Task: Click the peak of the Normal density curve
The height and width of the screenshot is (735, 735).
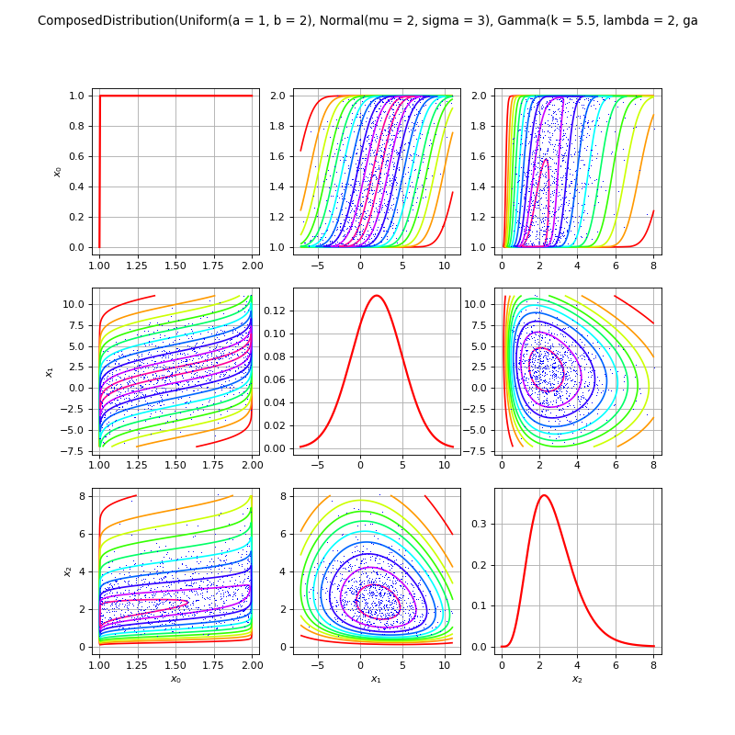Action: (377, 295)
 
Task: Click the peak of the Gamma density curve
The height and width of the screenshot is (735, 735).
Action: (544, 495)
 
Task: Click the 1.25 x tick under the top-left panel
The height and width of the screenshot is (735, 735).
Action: (138, 266)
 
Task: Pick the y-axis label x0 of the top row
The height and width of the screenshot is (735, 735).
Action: (58, 171)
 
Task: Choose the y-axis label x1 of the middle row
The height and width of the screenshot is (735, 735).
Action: (50, 371)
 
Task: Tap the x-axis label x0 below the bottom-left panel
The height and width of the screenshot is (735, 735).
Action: (175, 679)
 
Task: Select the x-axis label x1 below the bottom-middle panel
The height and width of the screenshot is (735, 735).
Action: (376, 679)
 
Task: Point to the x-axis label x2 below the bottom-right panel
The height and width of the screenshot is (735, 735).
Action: (577, 679)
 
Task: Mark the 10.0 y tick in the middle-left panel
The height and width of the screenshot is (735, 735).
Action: (75, 304)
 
